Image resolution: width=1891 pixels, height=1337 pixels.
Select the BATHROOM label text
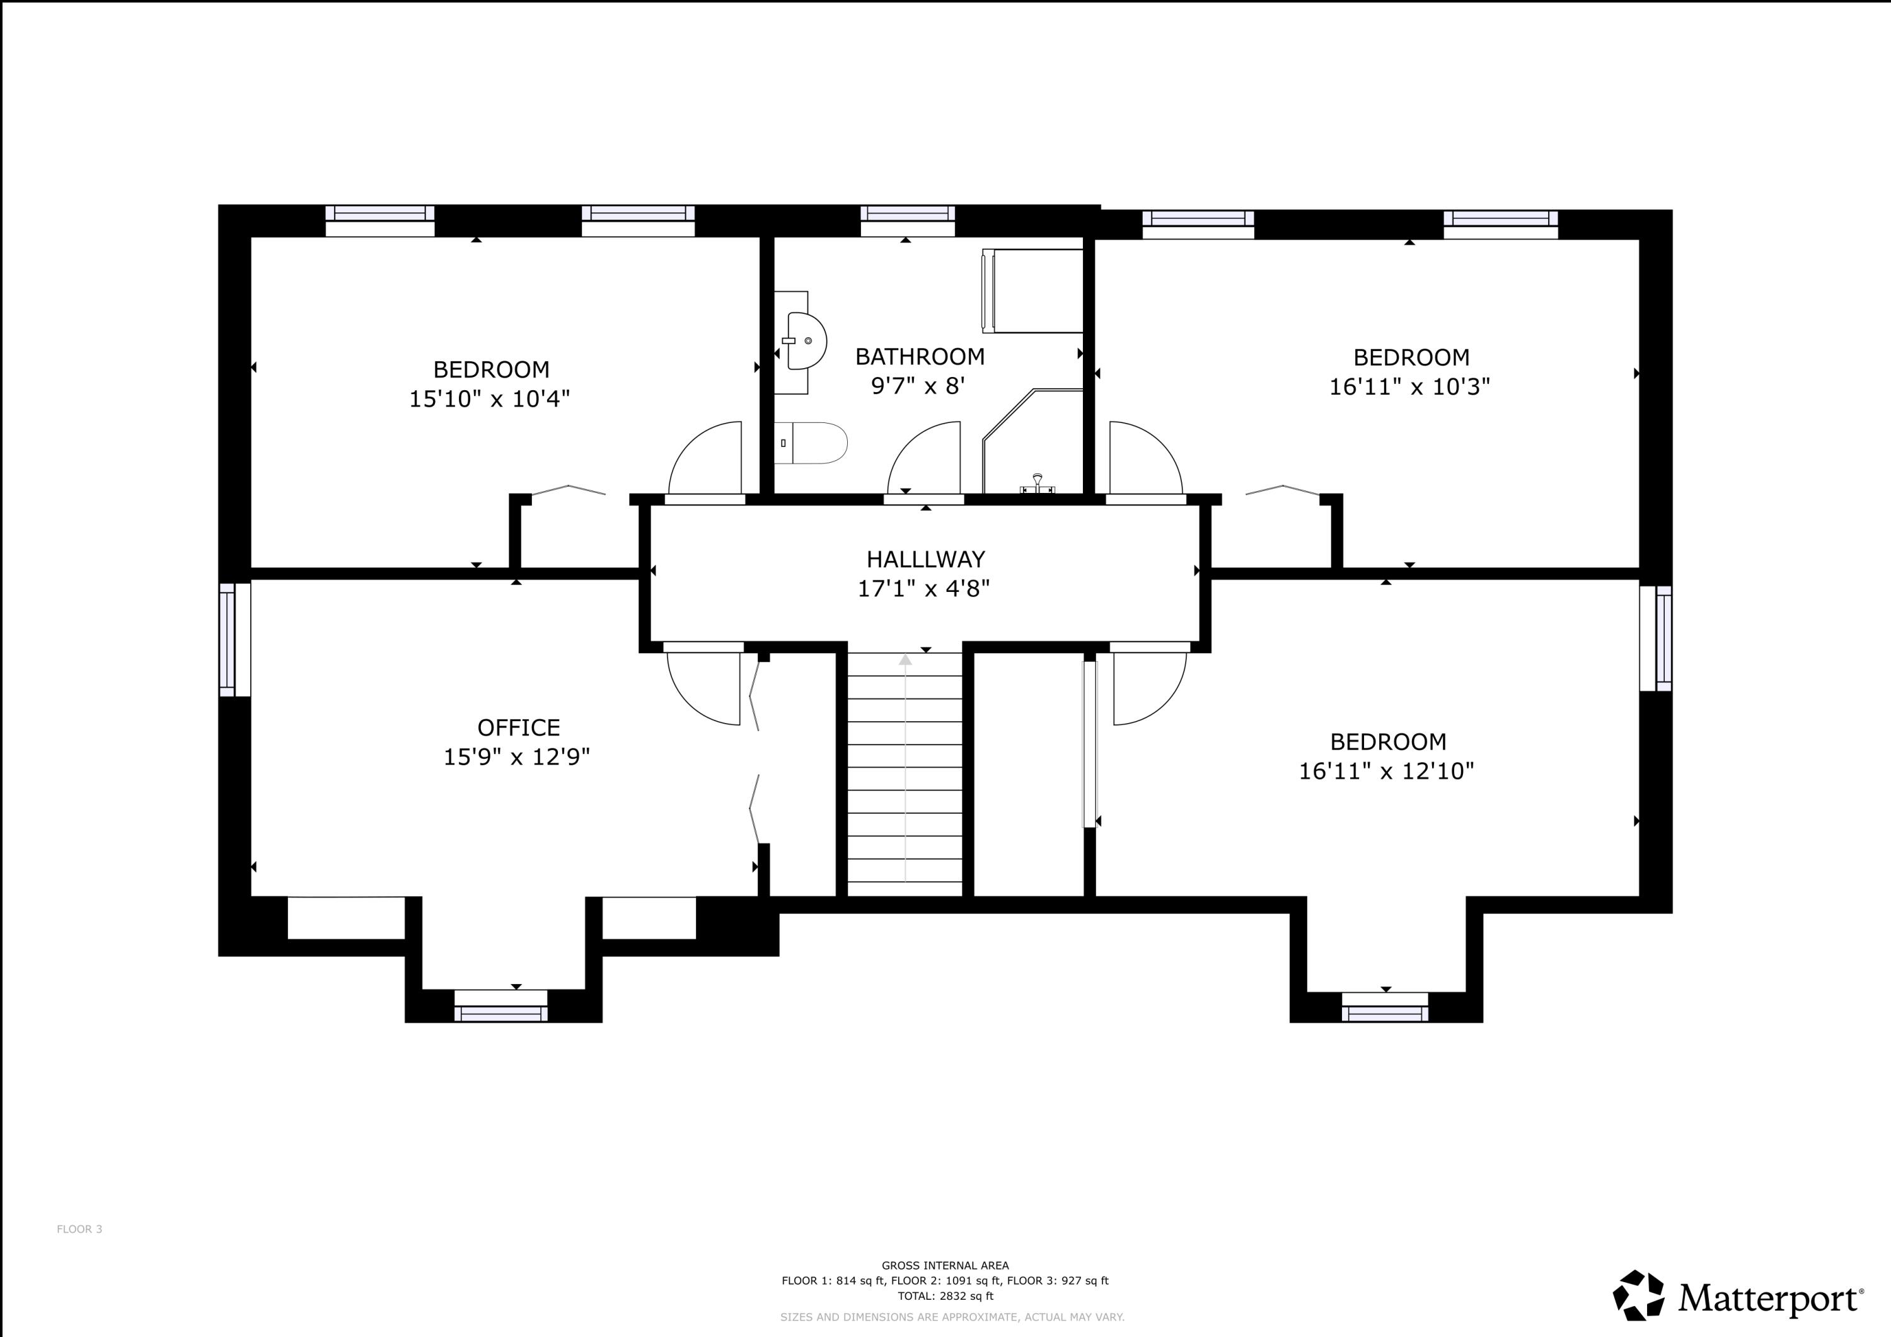(x=919, y=357)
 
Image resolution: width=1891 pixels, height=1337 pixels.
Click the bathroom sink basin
(x=805, y=340)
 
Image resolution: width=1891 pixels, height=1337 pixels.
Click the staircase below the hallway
(x=905, y=774)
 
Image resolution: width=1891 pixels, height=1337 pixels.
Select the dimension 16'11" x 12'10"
(x=1386, y=771)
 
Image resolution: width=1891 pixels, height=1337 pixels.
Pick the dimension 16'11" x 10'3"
(x=1409, y=386)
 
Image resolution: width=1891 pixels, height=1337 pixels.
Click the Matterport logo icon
(x=1638, y=1295)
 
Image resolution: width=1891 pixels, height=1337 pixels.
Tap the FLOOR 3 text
(x=79, y=1229)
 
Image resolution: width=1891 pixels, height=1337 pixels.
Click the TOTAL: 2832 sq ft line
(x=945, y=1296)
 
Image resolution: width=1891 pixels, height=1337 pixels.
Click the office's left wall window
(x=234, y=639)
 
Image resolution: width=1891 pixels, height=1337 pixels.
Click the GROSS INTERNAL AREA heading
(x=945, y=1265)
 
